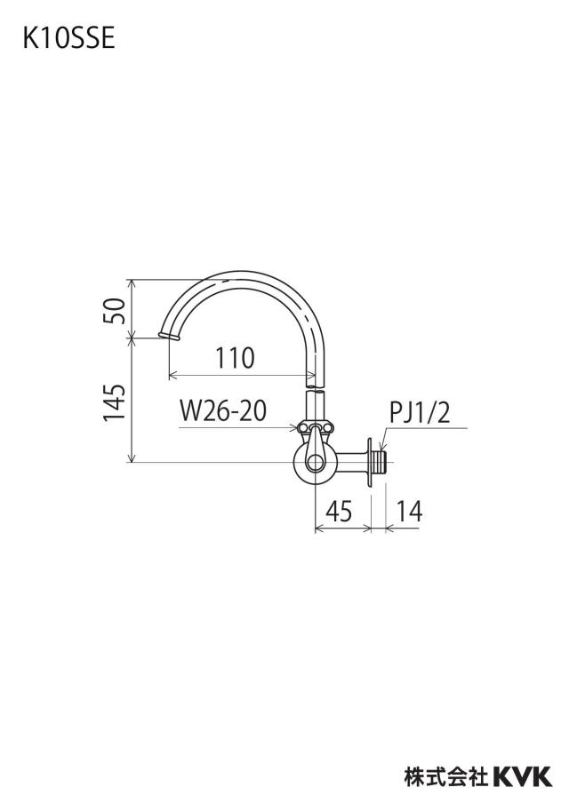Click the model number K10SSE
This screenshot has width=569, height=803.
coord(68,38)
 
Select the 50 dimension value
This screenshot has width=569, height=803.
coord(115,310)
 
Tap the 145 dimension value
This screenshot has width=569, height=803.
coord(115,402)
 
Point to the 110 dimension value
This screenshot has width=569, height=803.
coord(235,358)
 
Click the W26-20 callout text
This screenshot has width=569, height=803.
coord(223,411)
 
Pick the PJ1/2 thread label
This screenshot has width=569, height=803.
coord(420,413)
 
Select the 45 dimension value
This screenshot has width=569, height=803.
coord(339,511)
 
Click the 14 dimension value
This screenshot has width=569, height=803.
coord(409,511)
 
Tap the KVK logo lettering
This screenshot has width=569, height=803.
coord(523,775)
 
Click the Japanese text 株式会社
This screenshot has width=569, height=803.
coord(446,775)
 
